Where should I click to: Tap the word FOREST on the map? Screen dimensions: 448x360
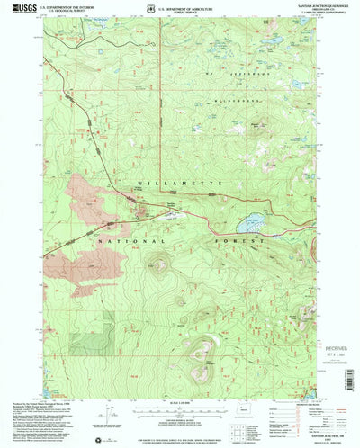coord(246,241)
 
